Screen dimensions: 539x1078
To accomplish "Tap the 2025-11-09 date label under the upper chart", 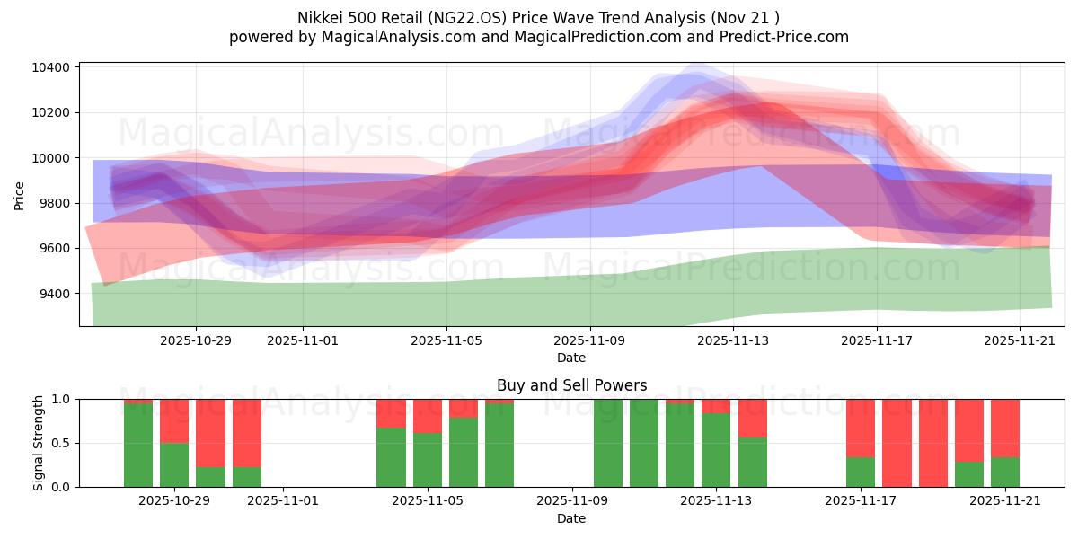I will pyautogui.click(x=590, y=340).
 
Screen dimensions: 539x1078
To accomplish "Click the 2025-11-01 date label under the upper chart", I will pyautogui.click(x=303, y=340).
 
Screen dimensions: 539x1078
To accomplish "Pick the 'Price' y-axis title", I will pyautogui.click(x=19, y=194).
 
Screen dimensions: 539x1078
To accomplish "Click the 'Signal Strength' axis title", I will pyautogui.click(x=38, y=443).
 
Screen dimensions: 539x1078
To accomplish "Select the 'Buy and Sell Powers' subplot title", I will pyautogui.click(x=571, y=385).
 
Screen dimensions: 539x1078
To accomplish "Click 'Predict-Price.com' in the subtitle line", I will pyautogui.click(x=782, y=37).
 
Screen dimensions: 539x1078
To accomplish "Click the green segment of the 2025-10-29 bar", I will pyautogui.click(x=174, y=464).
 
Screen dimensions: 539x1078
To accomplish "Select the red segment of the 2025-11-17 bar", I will pyautogui.click(x=861, y=428).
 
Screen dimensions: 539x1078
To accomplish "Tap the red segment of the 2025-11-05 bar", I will pyautogui.click(x=428, y=416).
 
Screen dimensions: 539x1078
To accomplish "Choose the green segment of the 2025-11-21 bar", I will pyautogui.click(x=1005, y=472).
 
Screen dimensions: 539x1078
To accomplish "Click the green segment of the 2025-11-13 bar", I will pyautogui.click(x=716, y=449).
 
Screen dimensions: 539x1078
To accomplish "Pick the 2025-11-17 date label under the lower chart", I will pyautogui.click(x=861, y=500).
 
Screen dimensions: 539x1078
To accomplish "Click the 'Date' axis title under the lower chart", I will pyautogui.click(x=571, y=518).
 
